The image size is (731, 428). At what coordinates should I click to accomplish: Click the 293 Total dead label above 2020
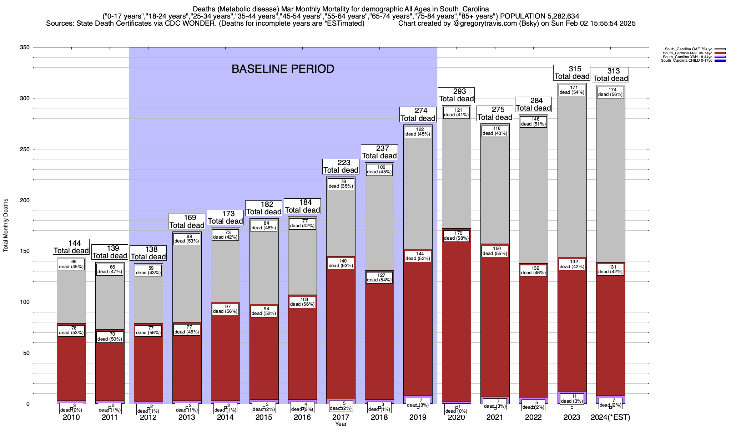click(x=457, y=95)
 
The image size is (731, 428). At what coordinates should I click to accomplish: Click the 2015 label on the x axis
click(x=264, y=417)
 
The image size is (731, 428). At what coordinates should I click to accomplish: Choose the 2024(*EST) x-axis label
click(x=610, y=417)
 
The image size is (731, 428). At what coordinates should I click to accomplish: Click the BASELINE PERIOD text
click(x=283, y=69)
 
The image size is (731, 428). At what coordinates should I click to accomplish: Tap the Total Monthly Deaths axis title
click(x=6, y=225)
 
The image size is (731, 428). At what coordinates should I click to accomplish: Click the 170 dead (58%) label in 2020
click(x=457, y=236)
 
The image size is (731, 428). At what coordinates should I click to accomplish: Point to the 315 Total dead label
click(x=572, y=73)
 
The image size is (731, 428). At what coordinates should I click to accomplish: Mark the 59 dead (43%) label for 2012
click(x=148, y=270)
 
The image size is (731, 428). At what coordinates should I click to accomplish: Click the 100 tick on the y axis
click(x=24, y=302)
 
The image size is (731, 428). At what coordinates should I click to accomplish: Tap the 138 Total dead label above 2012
click(x=148, y=253)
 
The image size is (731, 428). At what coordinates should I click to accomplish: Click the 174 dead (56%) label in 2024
click(x=610, y=92)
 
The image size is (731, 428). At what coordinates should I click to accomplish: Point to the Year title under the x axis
click(x=341, y=424)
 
